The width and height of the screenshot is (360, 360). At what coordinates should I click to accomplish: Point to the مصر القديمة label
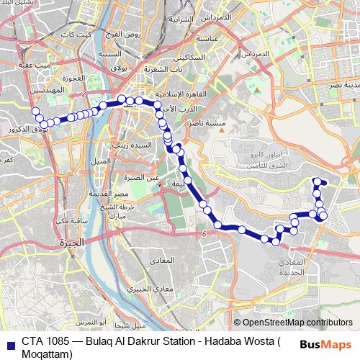[x=130, y=194]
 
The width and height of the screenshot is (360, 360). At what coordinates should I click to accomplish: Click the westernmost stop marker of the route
[x=35, y=111]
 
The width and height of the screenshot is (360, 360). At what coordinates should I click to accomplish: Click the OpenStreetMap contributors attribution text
[x=297, y=322]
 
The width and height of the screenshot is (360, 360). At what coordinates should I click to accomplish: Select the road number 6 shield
[x=205, y=234]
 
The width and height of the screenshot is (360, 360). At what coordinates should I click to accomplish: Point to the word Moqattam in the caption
[x=47, y=354]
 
